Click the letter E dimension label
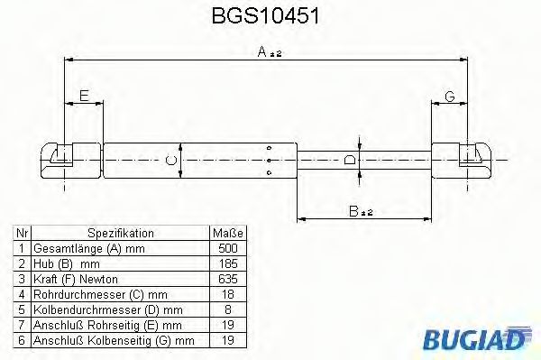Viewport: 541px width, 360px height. click(x=84, y=96)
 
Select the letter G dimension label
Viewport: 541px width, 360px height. click(x=447, y=96)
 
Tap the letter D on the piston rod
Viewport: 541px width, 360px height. click(x=351, y=161)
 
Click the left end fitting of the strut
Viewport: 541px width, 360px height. click(x=67, y=161)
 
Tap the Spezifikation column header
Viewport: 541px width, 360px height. click(x=121, y=233)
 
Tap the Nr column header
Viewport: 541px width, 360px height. click(x=21, y=233)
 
